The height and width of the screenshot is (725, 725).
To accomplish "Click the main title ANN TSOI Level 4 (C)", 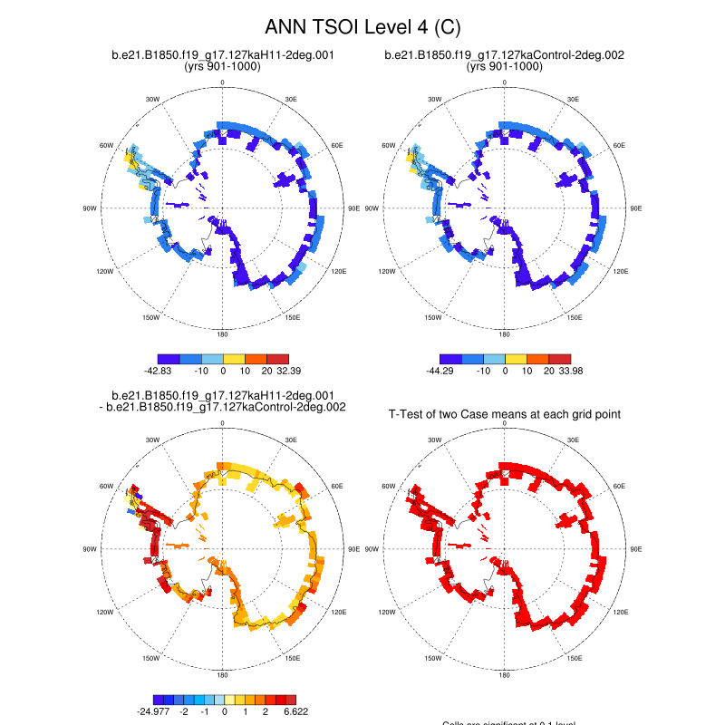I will pyautogui.click(x=362, y=27).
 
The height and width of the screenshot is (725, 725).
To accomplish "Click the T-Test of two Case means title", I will pyautogui.click(x=504, y=414).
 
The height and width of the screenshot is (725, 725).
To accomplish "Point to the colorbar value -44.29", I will pyautogui.click(x=444, y=371).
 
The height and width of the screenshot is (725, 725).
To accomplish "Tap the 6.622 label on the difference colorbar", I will pyautogui.click(x=294, y=712).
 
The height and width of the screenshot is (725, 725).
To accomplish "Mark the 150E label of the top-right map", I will pyautogui.click(x=575, y=317).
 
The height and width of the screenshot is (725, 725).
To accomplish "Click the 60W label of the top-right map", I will pyautogui.click(x=389, y=145).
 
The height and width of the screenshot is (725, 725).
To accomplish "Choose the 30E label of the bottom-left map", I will pyautogui.click(x=292, y=440).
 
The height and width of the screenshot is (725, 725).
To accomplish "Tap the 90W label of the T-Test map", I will pyautogui.click(x=372, y=549).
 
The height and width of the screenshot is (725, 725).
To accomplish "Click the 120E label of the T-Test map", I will pyautogui.click(x=620, y=613).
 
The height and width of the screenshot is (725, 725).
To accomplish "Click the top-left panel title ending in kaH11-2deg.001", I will pyautogui.click(x=222, y=55).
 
